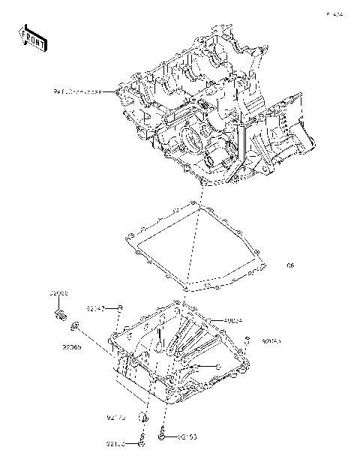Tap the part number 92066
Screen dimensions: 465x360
coord(59,293)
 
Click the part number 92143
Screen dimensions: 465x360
coord(94,308)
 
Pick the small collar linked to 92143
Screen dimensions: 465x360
coord(120,308)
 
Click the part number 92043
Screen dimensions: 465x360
coord(271,342)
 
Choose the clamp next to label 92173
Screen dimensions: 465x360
coord(145,416)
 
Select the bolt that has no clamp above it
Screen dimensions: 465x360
coord(162,434)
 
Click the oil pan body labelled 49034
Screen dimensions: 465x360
coord(180,352)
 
